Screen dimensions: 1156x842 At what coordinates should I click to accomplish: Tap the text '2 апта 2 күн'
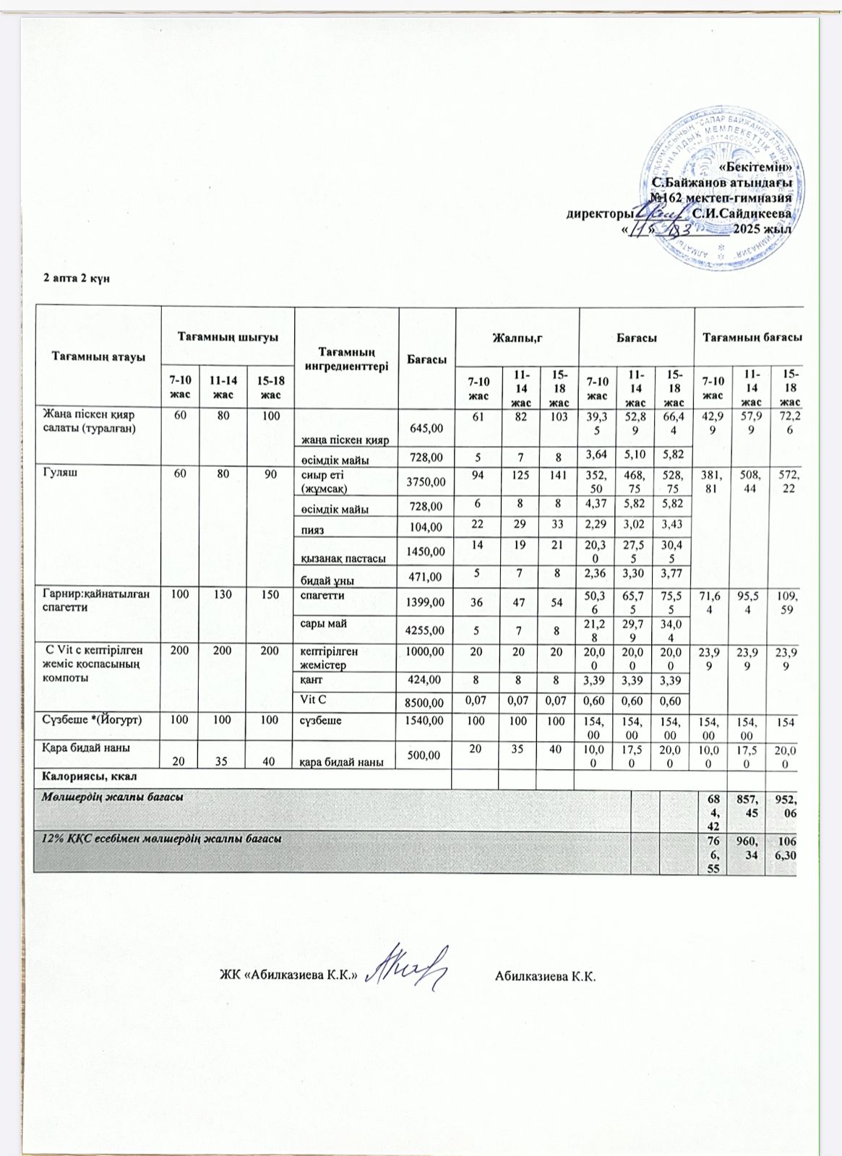tap(77, 279)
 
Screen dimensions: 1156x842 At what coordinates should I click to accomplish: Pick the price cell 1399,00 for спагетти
tap(427, 602)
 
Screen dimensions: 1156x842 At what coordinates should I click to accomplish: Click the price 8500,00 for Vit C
tap(427, 700)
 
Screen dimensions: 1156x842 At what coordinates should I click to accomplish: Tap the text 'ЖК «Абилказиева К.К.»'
tap(290, 975)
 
